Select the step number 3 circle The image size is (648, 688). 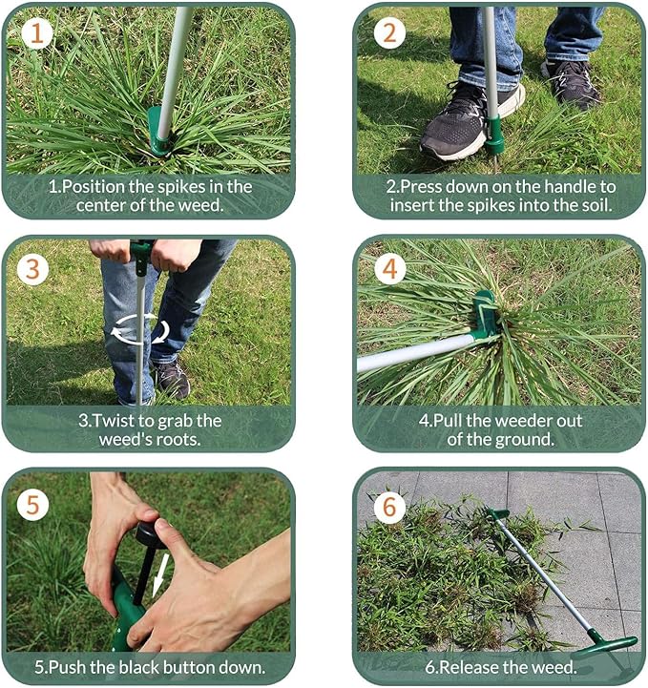pos(34,269)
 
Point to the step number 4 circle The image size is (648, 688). pos(387,269)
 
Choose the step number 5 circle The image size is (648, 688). pos(34,503)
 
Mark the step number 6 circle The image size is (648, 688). pos(387,506)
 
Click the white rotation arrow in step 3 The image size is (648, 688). pos(139,331)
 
